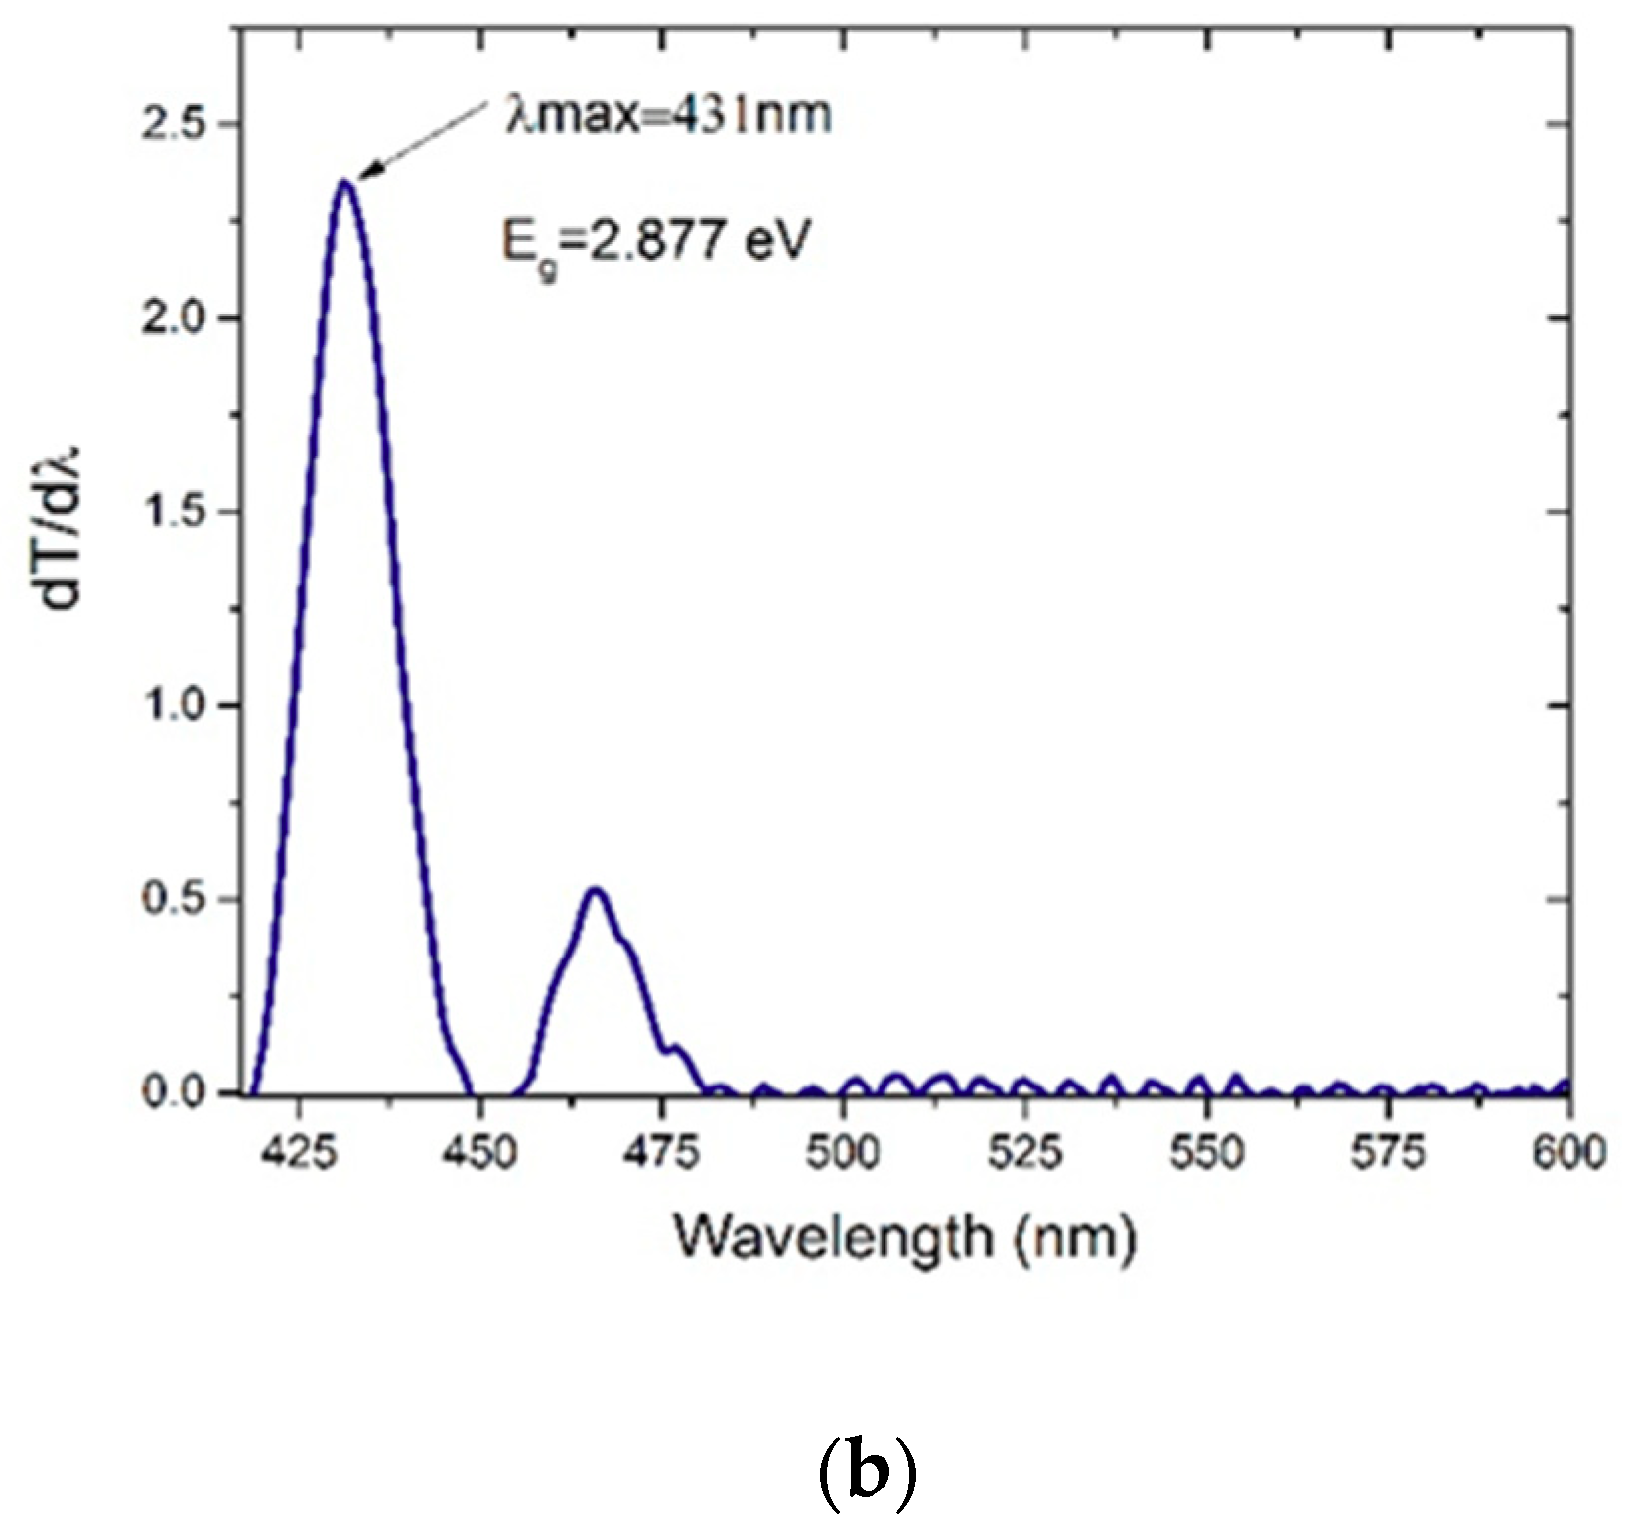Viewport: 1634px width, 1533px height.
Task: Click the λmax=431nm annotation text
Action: point(663,116)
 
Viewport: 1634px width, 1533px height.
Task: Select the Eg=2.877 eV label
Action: point(650,241)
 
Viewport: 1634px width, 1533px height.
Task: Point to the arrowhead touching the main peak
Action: point(363,177)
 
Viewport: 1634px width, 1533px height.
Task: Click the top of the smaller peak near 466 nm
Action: point(595,889)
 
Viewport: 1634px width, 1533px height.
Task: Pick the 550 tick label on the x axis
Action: point(1207,1153)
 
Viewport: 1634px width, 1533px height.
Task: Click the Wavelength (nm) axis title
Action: point(903,1237)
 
